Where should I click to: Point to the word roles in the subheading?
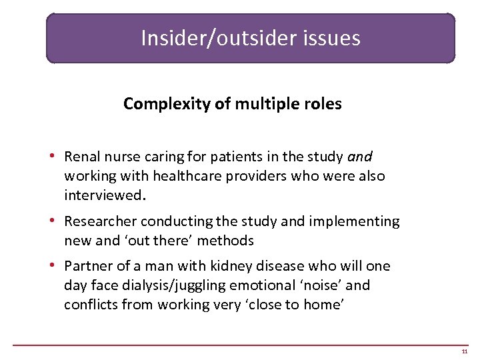(322, 104)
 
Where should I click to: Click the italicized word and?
(360, 157)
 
